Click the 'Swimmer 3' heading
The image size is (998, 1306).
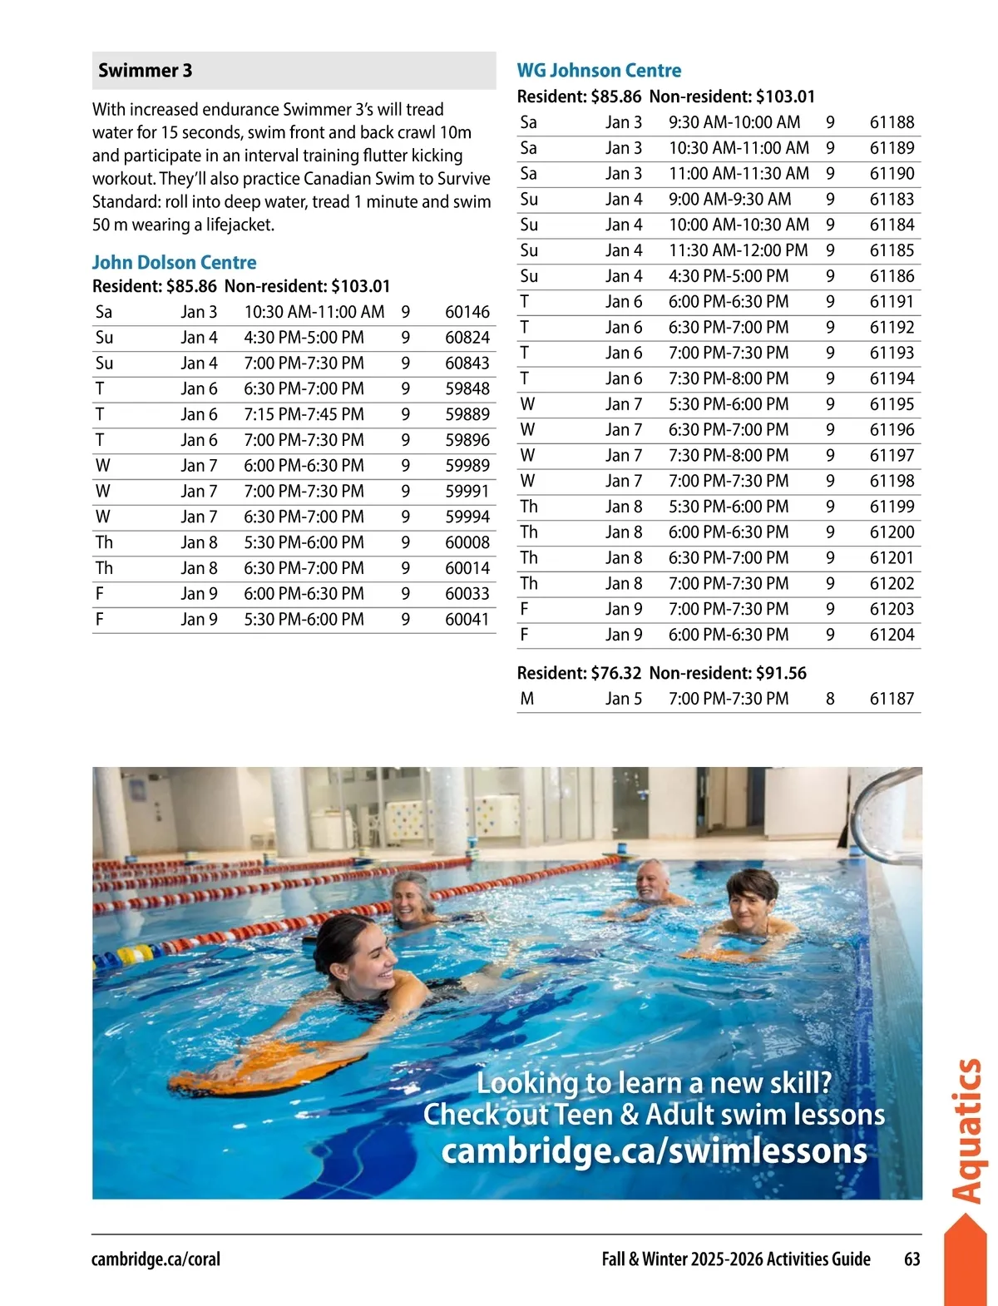click(x=145, y=71)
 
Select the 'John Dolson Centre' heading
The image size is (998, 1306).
click(x=174, y=263)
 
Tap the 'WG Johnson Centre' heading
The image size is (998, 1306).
click(x=599, y=71)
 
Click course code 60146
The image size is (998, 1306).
click(x=467, y=312)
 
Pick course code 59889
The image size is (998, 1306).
click(x=467, y=414)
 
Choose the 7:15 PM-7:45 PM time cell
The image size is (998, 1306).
click(x=304, y=414)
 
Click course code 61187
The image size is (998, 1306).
click(x=892, y=699)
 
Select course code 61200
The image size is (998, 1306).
click(x=892, y=532)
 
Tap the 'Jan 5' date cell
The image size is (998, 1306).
click(x=623, y=699)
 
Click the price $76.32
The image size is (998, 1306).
click(x=615, y=673)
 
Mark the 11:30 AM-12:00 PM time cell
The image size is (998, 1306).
click(x=738, y=250)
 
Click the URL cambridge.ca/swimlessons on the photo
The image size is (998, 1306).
click(x=654, y=1151)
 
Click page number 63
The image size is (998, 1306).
click(x=912, y=1259)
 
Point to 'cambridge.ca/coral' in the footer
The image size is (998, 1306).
click(x=156, y=1259)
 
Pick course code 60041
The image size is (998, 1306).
click(x=467, y=620)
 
